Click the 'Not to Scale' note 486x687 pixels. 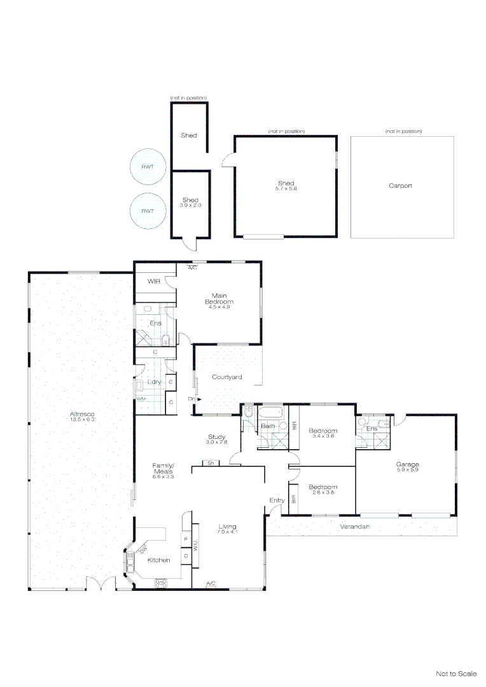pyautogui.click(x=455, y=674)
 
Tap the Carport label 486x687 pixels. pyautogui.click(x=400, y=186)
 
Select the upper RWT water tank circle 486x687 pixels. pyautogui.click(x=148, y=167)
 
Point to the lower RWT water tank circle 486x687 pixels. pyautogui.click(x=148, y=211)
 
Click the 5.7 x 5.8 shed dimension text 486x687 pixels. pyautogui.click(x=286, y=189)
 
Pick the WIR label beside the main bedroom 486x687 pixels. pyautogui.click(x=153, y=281)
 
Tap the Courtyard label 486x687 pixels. pyautogui.click(x=226, y=377)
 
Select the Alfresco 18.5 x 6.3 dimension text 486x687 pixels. pyautogui.click(x=82, y=420)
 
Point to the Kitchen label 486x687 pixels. pyautogui.click(x=158, y=560)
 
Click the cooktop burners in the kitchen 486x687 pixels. pyautogui.click(x=160, y=582)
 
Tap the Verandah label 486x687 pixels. pyautogui.click(x=355, y=527)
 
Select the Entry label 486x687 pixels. pyautogui.click(x=277, y=500)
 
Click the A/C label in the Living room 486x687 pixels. pyautogui.click(x=211, y=584)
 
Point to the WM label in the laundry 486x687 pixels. pyautogui.click(x=140, y=398)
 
